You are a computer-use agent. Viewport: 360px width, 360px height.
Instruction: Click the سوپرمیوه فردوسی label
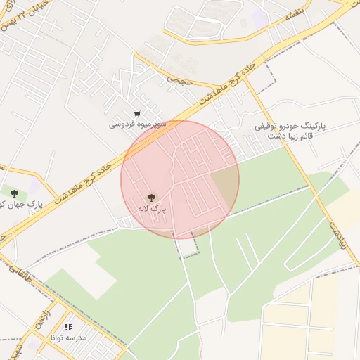pos(137,124)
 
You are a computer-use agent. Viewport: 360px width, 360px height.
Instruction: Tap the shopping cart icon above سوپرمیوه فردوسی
pos(137,113)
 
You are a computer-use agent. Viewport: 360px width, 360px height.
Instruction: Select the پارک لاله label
pos(150,209)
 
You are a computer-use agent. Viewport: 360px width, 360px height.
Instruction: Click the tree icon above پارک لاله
pos(150,198)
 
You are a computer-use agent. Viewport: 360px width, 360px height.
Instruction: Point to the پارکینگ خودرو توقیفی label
pos(290,126)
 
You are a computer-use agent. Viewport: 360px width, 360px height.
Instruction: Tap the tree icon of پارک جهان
pos(13,191)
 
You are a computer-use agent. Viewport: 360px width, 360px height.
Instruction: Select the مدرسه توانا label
pos(68,337)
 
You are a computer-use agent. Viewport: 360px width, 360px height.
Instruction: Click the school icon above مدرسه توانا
pos(68,327)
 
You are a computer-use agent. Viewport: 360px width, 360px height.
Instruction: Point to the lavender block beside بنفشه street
pos(261,19)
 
